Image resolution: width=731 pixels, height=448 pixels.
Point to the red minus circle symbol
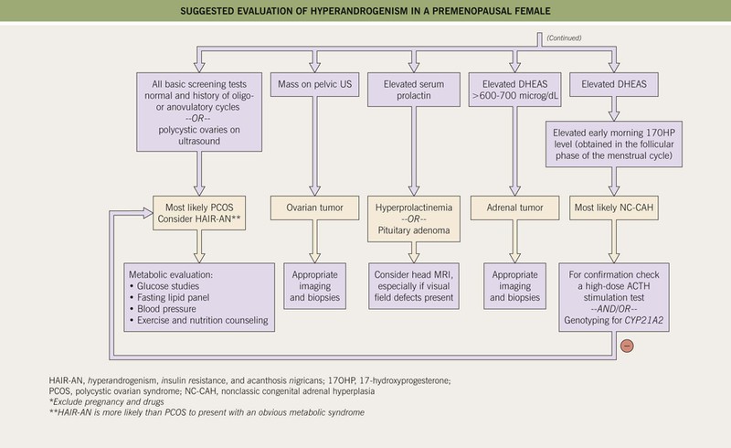[x=627, y=346]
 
